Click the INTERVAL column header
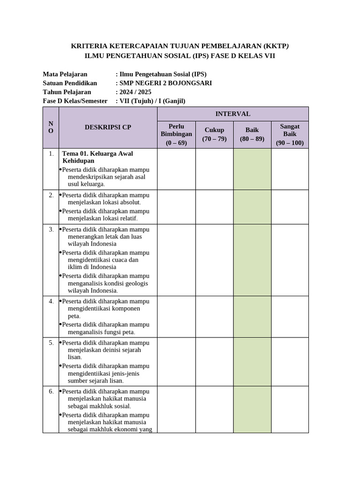coord(232,114)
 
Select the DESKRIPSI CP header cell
coord(108,127)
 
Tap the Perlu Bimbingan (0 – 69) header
coord(176,135)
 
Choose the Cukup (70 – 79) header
coord(214,135)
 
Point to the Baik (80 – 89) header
coord(252,135)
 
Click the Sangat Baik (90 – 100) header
coord(290,135)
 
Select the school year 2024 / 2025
coord(136,92)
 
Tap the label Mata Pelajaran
coord(65,74)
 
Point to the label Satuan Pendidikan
coord(70,83)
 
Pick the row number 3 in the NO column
coord(51,229)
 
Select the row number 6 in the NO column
coord(51,391)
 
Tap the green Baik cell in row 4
coord(252,316)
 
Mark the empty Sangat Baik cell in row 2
coord(290,207)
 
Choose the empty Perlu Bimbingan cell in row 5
coord(176,361)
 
